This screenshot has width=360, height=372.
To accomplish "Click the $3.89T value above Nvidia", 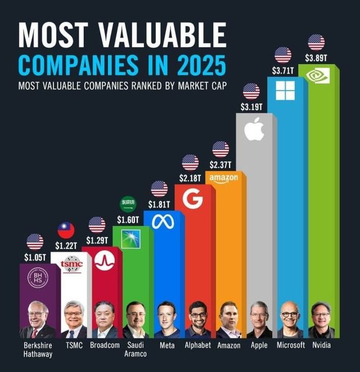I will click(x=317, y=58).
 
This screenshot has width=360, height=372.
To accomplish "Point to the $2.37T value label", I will click(x=220, y=164).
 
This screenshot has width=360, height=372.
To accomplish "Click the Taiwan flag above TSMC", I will click(x=66, y=230).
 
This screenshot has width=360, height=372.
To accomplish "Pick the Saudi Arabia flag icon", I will click(x=128, y=203).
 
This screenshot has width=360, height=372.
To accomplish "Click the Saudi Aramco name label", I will click(x=136, y=350).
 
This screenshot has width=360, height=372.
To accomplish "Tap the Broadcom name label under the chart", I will click(x=105, y=345).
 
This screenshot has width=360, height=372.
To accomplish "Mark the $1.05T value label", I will click(x=35, y=257).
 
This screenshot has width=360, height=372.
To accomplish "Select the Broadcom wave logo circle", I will click(x=105, y=260).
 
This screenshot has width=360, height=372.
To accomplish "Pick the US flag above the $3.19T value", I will click(x=251, y=91).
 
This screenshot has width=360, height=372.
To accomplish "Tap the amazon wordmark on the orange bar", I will click(x=223, y=178).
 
